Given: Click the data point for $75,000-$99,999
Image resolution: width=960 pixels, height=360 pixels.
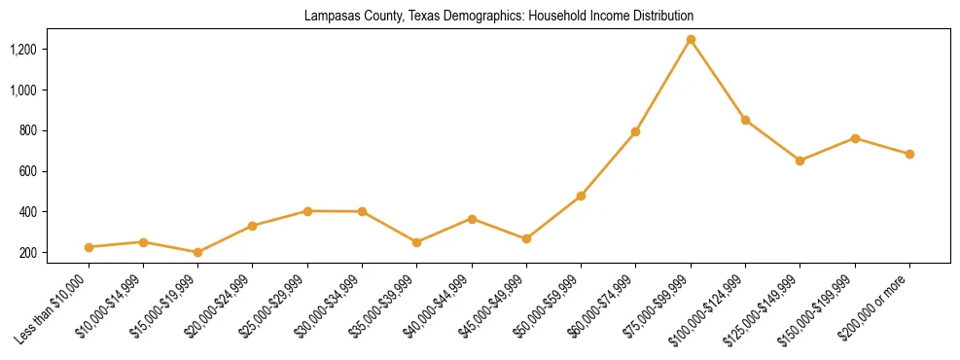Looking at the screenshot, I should tap(691, 40).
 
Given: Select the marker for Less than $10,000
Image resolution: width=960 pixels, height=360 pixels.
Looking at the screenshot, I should tap(89, 247).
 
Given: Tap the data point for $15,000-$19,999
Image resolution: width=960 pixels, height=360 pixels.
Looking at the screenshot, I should tap(197, 252).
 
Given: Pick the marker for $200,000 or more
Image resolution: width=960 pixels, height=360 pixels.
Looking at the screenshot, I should tap(909, 154).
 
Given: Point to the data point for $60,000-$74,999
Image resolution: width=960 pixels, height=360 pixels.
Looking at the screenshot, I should tap(635, 131).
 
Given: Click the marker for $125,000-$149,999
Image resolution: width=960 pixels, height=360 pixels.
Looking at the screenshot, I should tap(800, 161).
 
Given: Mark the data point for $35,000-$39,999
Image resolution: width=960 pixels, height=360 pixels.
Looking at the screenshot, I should tap(416, 242).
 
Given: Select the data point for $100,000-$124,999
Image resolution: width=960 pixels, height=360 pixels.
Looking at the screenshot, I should tap(745, 120).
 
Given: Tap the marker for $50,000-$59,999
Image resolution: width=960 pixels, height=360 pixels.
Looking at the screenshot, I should tap(581, 196).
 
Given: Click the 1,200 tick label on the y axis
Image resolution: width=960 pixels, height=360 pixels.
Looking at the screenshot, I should tap(50, 49).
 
